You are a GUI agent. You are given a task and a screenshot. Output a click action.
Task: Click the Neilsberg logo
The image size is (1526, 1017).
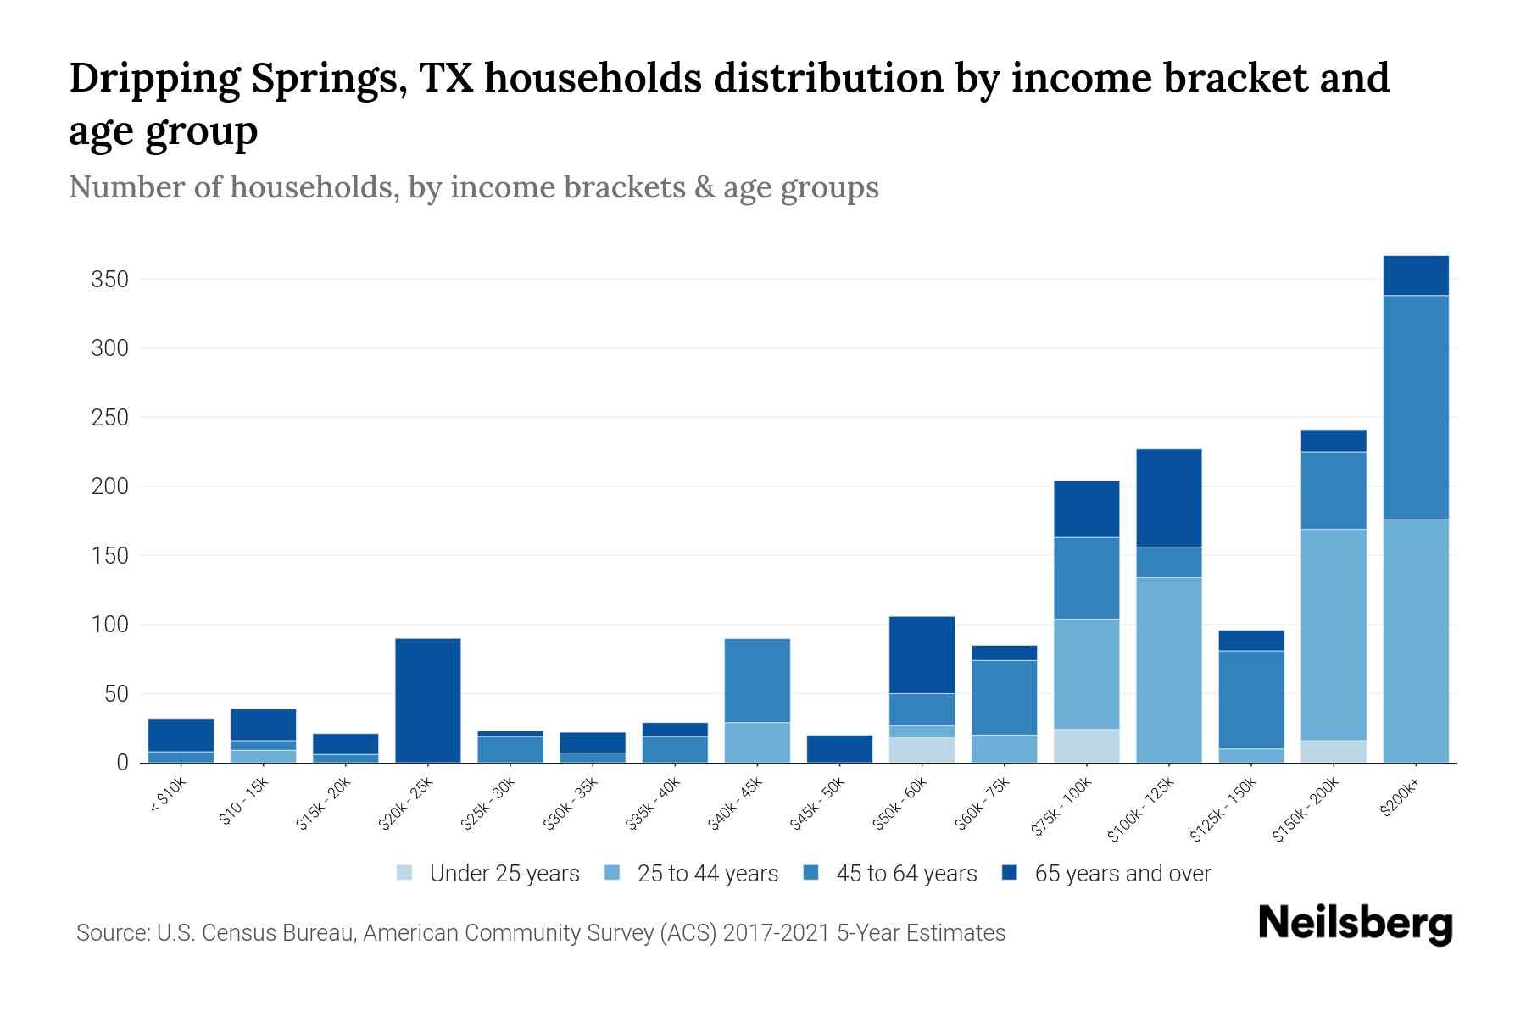coord(1355,924)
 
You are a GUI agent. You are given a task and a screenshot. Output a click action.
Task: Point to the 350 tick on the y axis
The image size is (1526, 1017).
coord(109,280)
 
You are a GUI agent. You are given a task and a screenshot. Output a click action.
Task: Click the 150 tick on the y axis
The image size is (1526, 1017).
coord(109,556)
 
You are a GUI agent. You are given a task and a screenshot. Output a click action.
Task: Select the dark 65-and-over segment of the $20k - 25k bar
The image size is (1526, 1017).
coord(428,700)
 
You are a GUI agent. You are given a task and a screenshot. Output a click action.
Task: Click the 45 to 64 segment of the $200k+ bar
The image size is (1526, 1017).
coord(1416,407)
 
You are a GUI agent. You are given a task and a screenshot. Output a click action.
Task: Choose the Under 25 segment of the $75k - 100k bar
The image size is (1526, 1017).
coord(1086,746)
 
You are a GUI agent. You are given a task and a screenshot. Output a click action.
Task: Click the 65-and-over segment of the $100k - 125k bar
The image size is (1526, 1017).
coord(1169,497)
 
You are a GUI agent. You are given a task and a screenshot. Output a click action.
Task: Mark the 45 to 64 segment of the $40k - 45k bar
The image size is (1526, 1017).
coord(757,680)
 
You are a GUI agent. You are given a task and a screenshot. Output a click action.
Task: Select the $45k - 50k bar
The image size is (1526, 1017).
coord(839,748)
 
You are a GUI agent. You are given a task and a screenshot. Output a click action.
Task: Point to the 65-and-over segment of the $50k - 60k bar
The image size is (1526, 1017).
coord(922,654)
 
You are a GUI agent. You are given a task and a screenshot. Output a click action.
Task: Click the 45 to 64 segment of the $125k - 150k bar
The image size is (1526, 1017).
coord(1251,699)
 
